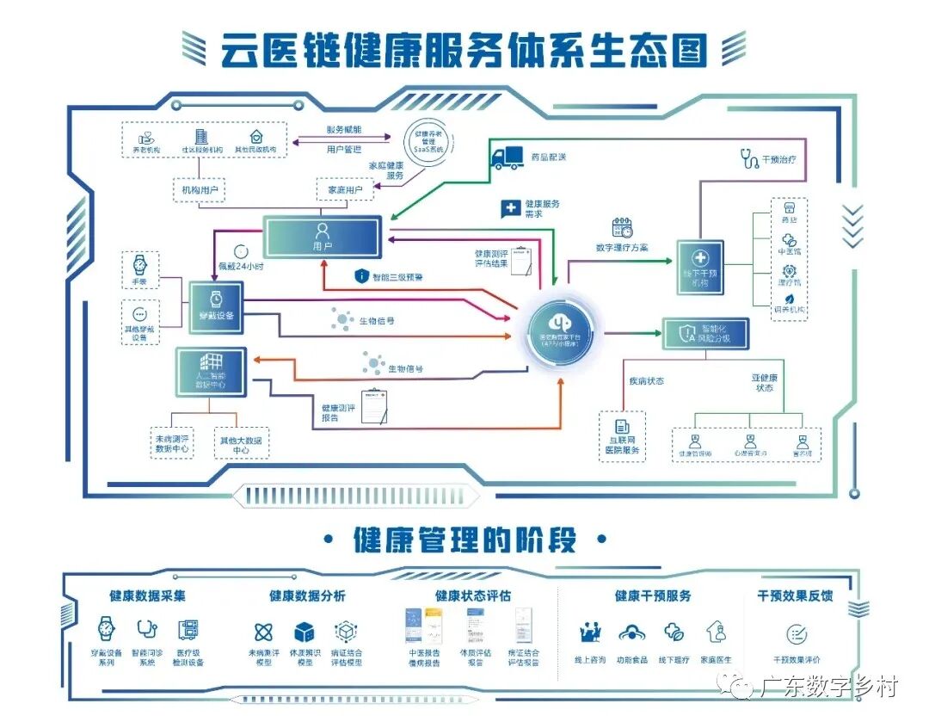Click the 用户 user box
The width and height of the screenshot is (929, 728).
click(x=322, y=237)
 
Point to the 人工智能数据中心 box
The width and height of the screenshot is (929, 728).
click(x=211, y=372)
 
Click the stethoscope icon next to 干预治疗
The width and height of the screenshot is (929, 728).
click(x=748, y=158)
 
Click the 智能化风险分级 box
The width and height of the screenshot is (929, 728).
click(x=705, y=333)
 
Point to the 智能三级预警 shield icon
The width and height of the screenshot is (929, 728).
click(x=361, y=277)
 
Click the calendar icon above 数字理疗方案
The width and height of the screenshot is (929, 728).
click(x=622, y=228)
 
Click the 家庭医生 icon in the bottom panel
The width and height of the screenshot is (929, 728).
click(x=715, y=633)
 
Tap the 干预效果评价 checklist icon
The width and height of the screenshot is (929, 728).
click(x=797, y=635)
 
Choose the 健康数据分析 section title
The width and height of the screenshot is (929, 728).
click(x=307, y=595)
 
